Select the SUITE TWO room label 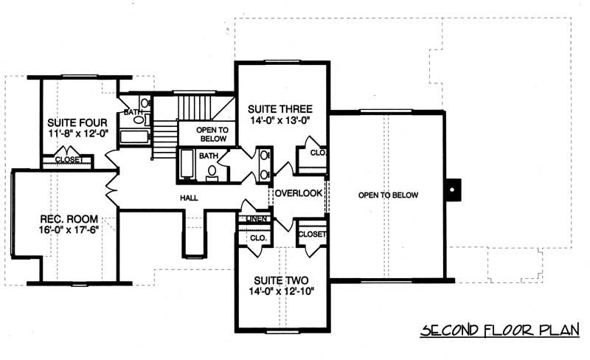pos(280,281)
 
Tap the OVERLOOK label pos(299,193)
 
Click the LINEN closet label pos(254,219)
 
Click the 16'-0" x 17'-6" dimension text pos(69,230)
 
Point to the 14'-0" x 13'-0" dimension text pos(282,120)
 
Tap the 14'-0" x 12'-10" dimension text pos(280,293)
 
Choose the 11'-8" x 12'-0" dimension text pos(77,135)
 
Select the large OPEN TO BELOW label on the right pos(388,195)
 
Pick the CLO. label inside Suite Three pos(317,153)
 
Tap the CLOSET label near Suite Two pos(311,234)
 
